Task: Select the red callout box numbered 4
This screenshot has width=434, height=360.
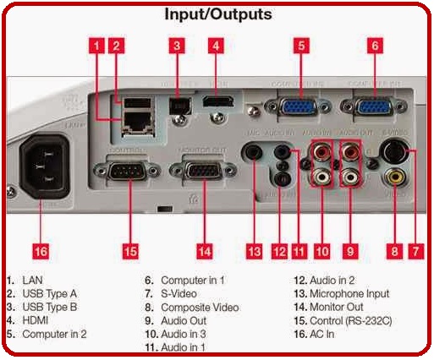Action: coord(217,46)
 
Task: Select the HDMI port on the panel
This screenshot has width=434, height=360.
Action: coord(217,102)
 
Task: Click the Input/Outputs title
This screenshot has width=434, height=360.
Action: coord(217,15)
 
